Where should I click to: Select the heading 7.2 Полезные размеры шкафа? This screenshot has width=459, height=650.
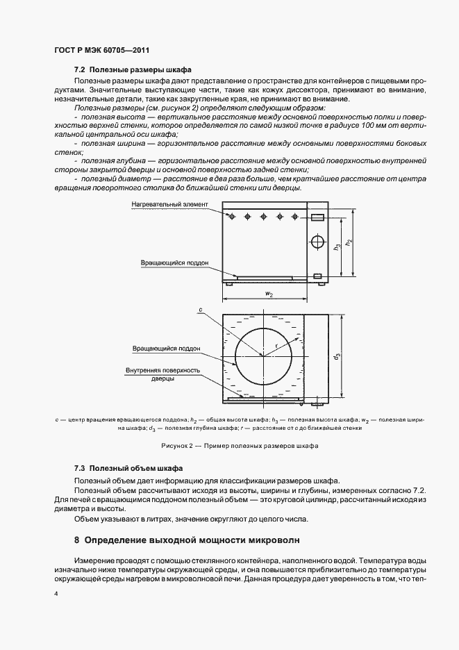tap(132, 71)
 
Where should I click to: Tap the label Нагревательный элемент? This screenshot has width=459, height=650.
tap(166, 205)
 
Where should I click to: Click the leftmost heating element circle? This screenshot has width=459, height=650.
tap(231, 217)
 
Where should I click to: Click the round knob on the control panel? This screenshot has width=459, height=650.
tap(317, 242)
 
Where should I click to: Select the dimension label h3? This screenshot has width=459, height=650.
tap(337, 247)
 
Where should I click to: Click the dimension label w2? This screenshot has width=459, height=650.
tap(267, 294)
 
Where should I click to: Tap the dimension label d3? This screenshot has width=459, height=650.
tap(337, 356)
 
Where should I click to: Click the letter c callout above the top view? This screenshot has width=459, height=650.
tap(199, 309)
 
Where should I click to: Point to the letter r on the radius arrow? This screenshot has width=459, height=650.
tap(276, 344)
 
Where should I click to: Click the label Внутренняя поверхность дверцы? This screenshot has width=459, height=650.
tap(163, 375)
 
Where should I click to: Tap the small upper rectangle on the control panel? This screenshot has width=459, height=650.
tap(317, 217)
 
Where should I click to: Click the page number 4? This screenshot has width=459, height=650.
tap(56, 594)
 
